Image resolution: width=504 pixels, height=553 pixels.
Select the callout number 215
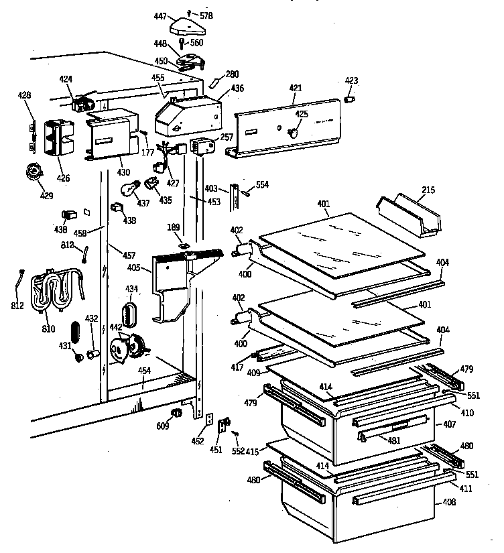tap(428, 190)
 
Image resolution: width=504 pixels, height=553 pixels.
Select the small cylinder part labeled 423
tap(349, 99)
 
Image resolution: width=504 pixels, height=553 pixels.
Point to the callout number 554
tap(262, 184)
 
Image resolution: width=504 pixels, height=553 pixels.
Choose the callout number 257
tap(227, 137)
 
